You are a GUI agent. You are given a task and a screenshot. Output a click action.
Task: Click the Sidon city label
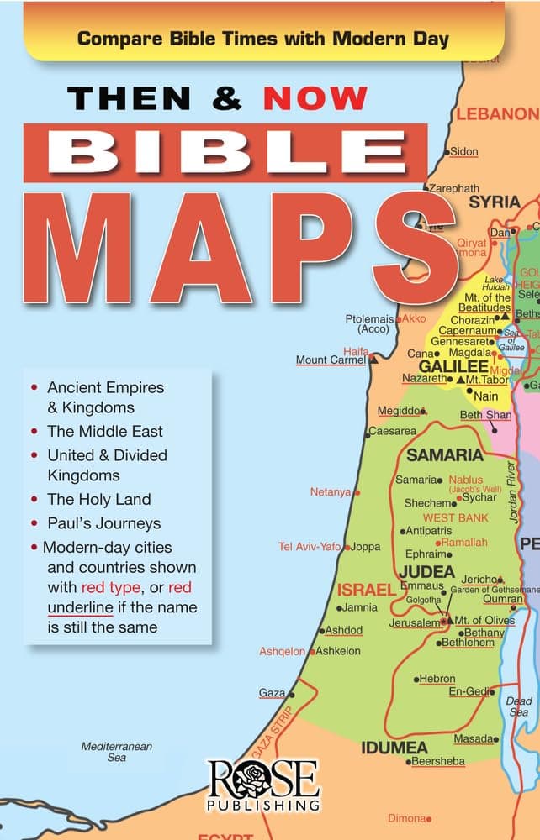tap(464, 152)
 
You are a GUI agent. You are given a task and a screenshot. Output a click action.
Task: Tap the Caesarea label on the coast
tap(394, 431)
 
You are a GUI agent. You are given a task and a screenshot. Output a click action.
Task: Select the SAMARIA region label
tap(445, 456)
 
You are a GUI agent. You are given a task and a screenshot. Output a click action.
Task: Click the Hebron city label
tap(438, 679)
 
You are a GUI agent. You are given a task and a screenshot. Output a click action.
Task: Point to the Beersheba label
tap(437, 762)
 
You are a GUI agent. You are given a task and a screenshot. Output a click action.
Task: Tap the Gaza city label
tap(273, 693)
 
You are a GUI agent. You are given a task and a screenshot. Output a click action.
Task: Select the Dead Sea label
tap(519, 706)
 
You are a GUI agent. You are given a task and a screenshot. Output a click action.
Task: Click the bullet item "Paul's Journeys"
tap(103, 523)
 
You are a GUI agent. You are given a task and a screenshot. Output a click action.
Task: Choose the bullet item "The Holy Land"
tap(99, 499)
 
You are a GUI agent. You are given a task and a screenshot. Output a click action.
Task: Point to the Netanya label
tap(331, 492)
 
